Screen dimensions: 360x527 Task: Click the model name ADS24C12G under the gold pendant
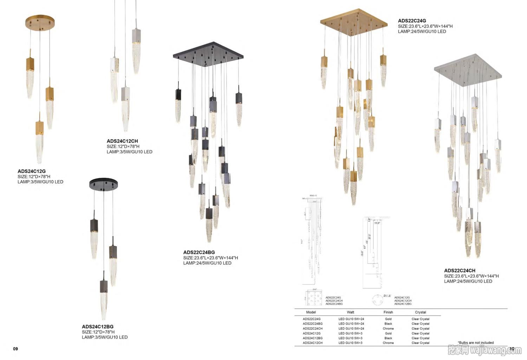[32, 171]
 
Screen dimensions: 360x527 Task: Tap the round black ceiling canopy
[103, 184]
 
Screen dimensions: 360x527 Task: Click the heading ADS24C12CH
[122, 141]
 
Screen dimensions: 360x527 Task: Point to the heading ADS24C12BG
[98, 327]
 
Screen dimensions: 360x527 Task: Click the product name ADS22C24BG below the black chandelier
[199, 252]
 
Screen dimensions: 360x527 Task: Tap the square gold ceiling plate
[354, 22]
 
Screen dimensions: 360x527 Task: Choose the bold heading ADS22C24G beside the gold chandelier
[412, 21]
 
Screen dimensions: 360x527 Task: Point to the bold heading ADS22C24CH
[460, 270]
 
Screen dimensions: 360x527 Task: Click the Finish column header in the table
[388, 312]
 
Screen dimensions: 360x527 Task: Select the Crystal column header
[421, 312]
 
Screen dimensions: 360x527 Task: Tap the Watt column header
[351, 312]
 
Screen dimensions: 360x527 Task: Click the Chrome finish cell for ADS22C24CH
[388, 329]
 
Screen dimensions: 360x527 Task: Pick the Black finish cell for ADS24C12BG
[388, 338]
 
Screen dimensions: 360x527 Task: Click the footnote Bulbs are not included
[476, 342]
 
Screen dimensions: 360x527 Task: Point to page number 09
[15, 349]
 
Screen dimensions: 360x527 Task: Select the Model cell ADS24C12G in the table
[312, 333]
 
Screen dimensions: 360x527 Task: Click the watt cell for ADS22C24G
[351, 319]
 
